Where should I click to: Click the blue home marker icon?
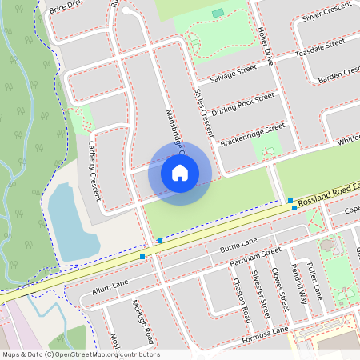180,172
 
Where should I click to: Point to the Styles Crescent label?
205,111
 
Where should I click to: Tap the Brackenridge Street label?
252,134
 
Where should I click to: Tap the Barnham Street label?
254,257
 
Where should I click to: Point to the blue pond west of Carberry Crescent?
71,221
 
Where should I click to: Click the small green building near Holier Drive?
218,13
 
